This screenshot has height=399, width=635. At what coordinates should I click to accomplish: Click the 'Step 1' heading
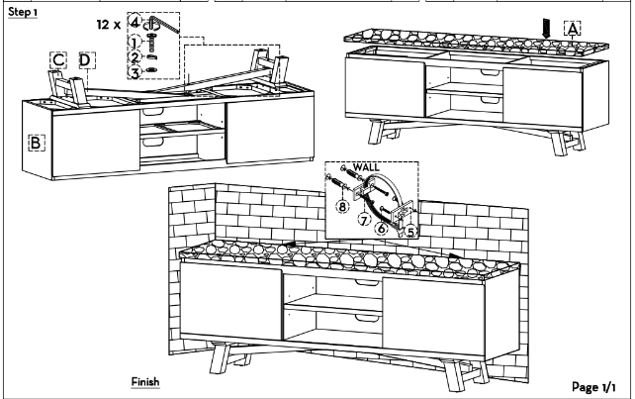[x=23, y=12]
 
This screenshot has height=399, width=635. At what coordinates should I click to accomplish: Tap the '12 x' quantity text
[x=109, y=25]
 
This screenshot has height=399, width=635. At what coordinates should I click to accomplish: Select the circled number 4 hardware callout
[x=135, y=21]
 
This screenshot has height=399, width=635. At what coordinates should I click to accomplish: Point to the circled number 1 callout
[x=135, y=42]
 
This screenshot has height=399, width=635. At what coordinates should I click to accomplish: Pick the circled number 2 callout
[x=135, y=57]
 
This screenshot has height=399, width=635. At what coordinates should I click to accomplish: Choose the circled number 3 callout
[x=135, y=73]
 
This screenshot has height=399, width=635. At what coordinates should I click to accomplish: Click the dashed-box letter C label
[x=58, y=60]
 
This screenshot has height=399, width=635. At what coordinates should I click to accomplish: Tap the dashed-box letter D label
[x=87, y=60]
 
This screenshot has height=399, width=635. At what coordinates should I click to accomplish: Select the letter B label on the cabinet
[x=37, y=143]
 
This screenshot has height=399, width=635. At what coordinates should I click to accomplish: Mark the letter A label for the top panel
[x=573, y=29]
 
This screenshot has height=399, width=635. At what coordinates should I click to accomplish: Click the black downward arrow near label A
[x=546, y=29]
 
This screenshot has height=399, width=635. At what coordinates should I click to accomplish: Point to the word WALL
[x=366, y=167]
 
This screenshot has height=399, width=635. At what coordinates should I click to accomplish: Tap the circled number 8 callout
[x=342, y=206]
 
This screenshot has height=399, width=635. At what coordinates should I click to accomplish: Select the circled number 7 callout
[x=364, y=220]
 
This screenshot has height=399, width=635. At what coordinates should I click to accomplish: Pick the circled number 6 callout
[x=382, y=229]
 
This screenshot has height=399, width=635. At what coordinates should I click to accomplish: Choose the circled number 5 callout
[x=410, y=232]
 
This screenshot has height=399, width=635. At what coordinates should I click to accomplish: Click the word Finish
[x=145, y=382]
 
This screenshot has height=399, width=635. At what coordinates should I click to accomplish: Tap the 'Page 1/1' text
[x=593, y=387]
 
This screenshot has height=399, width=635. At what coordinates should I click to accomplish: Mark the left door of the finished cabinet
[x=230, y=301]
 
